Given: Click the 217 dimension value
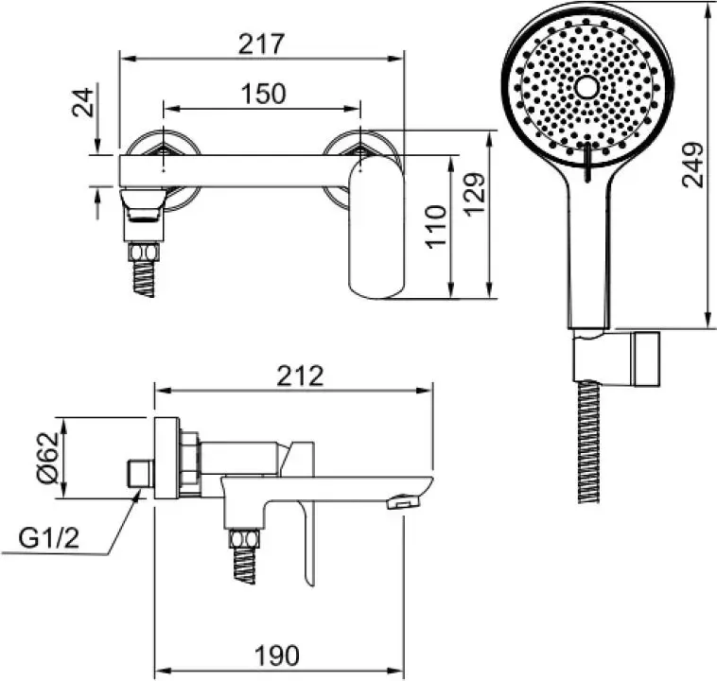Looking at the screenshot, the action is (x=262, y=44).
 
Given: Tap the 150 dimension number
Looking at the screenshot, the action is (x=263, y=94).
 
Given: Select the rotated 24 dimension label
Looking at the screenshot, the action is (x=83, y=102).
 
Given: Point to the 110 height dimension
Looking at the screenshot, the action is (x=435, y=227).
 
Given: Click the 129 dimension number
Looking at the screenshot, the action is (x=473, y=194).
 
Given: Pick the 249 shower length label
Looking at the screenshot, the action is (x=692, y=166).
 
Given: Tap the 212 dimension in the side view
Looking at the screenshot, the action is (x=301, y=375).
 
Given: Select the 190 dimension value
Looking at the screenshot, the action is (x=277, y=655).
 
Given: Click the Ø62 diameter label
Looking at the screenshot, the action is (x=48, y=458).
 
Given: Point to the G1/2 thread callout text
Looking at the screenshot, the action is (x=49, y=538).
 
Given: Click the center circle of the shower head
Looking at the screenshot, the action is (x=586, y=87).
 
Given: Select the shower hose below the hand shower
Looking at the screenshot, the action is (x=588, y=442).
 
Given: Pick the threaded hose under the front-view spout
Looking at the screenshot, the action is (x=144, y=279).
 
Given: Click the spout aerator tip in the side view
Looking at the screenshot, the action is (x=403, y=501).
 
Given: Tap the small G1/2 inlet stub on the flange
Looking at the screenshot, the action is (x=139, y=474).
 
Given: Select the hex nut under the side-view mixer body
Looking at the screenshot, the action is (x=244, y=538).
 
